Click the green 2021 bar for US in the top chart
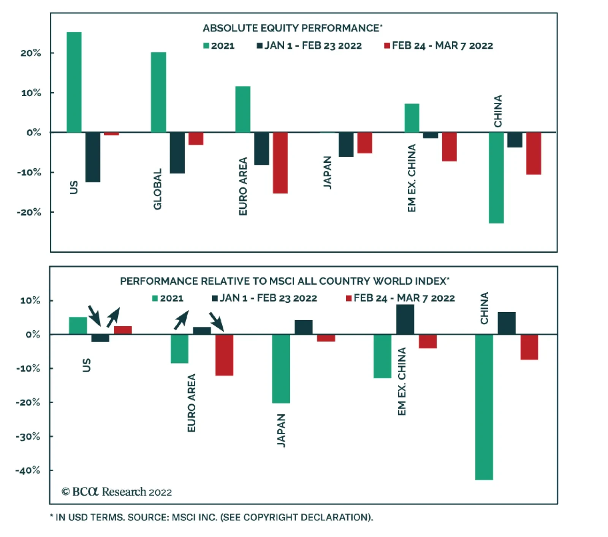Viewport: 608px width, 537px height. (74, 82)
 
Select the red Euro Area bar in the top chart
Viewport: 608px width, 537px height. (280, 163)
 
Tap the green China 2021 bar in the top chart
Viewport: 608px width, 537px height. (496, 178)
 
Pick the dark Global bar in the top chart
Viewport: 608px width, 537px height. (177, 153)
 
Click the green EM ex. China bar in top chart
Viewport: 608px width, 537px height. (412, 118)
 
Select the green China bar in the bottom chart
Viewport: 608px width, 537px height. (484, 407)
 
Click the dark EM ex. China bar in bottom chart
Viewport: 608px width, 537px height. (405, 319)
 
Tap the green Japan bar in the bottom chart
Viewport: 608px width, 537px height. (281, 369)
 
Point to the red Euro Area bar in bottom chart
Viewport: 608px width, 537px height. (224, 355)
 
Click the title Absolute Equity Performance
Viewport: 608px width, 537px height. (292, 28)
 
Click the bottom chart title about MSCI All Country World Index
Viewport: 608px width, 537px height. (284, 281)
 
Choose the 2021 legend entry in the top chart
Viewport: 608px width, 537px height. (219, 46)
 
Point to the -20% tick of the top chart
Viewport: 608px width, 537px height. (29, 212)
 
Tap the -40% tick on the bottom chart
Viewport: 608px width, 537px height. (28, 470)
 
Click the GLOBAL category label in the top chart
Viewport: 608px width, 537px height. (157, 189)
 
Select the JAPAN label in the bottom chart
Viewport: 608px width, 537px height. (281, 430)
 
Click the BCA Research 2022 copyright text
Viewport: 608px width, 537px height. (117, 492)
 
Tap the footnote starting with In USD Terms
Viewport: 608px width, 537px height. (211, 517)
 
